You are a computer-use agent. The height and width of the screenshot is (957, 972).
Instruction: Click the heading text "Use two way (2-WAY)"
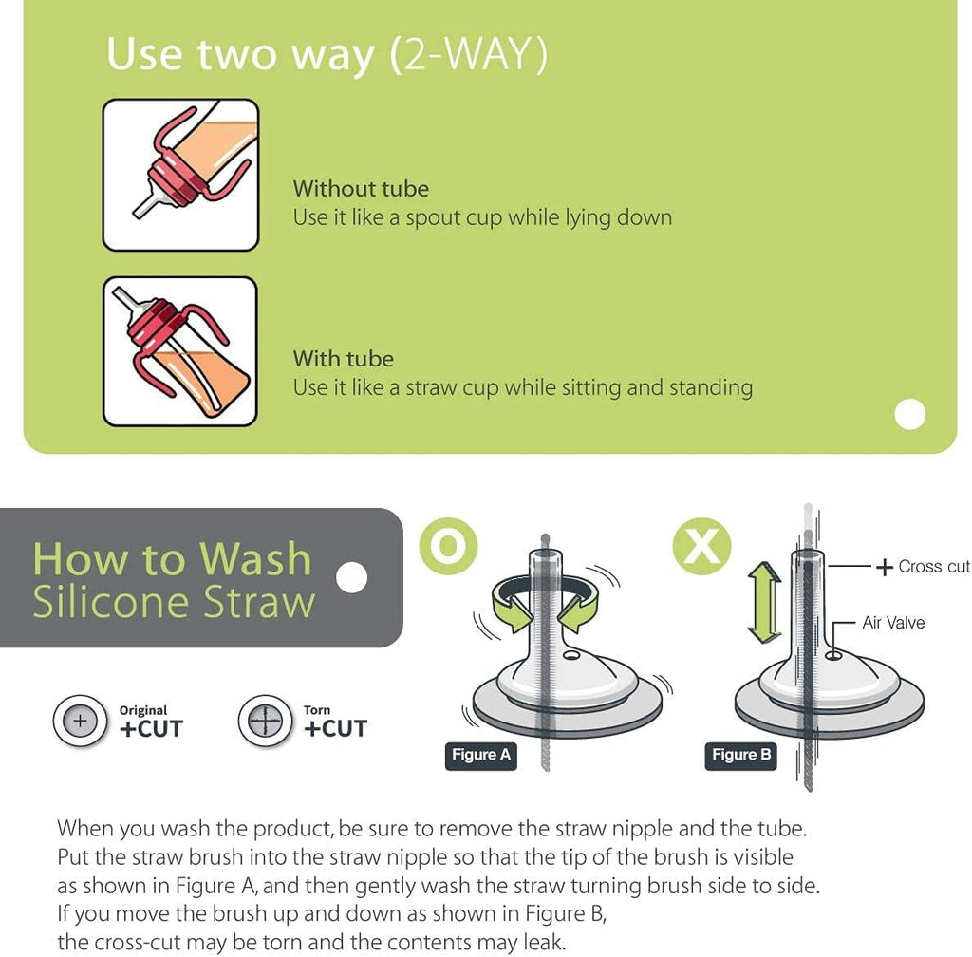(327, 54)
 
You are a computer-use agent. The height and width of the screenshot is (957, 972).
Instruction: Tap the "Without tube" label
(361, 188)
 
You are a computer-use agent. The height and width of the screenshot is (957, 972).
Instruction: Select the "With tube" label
(344, 359)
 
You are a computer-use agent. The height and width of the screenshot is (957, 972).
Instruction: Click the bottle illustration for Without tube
(180, 175)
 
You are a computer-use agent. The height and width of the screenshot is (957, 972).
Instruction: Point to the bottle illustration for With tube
(179, 351)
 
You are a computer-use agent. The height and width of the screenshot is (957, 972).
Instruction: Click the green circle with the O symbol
(448, 546)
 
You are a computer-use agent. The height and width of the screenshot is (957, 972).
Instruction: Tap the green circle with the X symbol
(701, 546)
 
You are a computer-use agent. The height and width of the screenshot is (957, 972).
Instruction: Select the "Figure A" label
(481, 755)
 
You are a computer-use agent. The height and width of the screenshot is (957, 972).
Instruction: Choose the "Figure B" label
(740, 755)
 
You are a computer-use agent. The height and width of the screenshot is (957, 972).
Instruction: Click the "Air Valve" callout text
(893, 622)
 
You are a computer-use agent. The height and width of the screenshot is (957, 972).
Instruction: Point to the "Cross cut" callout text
(934, 566)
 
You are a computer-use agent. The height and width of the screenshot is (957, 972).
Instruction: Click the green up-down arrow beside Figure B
(764, 603)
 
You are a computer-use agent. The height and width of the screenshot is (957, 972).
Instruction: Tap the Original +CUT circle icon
(80, 721)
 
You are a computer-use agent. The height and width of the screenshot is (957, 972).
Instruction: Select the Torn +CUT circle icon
(266, 721)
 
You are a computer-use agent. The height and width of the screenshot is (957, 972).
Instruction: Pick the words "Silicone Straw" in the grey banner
(175, 602)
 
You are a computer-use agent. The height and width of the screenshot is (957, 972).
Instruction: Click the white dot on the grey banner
(351, 577)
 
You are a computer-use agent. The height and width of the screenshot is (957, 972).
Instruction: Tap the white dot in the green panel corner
(910, 414)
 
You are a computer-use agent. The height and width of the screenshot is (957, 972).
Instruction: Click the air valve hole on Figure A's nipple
(571, 655)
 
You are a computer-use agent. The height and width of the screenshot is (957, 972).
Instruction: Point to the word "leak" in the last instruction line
(543, 942)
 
